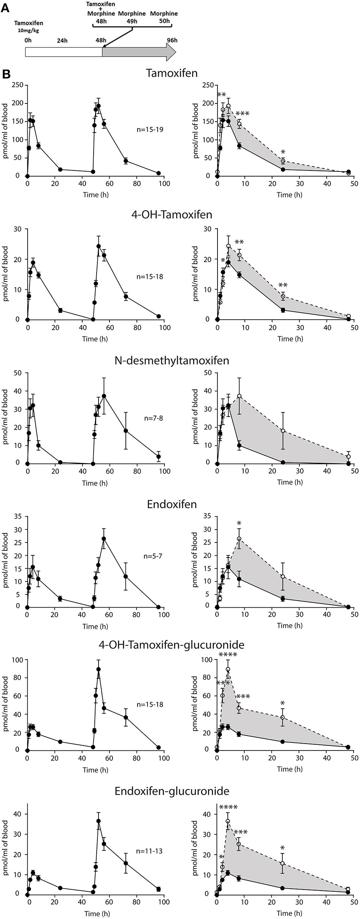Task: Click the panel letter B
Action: (x=6, y=74)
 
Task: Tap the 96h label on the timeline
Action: (x=172, y=40)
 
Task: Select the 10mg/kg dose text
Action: (x=28, y=31)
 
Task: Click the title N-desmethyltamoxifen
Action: (x=172, y=360)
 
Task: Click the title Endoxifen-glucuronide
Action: (x=172, y=791)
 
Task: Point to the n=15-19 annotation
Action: (x=150, y=130)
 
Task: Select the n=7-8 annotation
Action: (x=153, y=418)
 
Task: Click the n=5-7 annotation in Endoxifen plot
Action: (x=153, y=556)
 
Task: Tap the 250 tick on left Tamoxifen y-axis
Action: (x=17, y=85)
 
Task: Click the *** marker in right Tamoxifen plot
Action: (x=242, y=114)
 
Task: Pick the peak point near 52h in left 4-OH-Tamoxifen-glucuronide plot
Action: (x=99, y=669)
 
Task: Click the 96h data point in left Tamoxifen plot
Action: (x=158, y=173)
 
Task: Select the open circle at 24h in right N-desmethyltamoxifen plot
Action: (x=283, y=431)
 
